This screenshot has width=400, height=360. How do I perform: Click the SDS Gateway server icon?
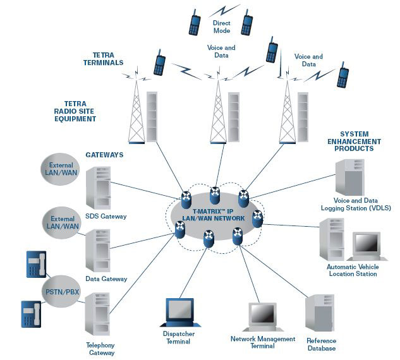tap(98, 188)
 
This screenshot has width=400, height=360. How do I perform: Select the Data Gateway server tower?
tap(98, 250)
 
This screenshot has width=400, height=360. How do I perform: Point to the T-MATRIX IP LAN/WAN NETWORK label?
tap(213, 214)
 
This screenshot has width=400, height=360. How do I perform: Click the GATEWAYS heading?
tap(104, 154)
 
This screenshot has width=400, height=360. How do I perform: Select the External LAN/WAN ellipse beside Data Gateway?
tap(61, 222)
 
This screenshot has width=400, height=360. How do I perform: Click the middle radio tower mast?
tap(218, 114)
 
